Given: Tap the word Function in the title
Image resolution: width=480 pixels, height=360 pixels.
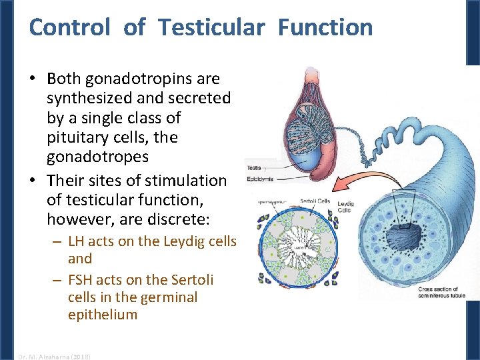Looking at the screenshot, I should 325,27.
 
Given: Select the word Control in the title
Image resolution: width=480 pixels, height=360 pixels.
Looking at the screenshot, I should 69,27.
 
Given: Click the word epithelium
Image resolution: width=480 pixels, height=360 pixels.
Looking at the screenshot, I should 102,315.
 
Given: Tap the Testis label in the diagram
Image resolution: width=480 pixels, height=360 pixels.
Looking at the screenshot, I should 254,168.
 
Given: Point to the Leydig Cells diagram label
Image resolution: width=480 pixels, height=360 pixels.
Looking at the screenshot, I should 346,207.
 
